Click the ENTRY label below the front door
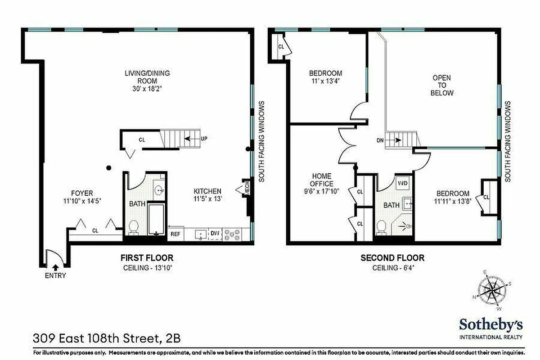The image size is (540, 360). coord(55,276)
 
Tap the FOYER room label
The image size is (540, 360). coord(81,193)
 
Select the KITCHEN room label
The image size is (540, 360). coord(207,191)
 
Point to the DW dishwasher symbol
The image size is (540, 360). coord(215,233)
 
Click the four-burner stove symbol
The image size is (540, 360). coord(233,234)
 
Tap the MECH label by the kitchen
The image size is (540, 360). coord(247,190)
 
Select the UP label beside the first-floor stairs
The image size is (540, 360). coord(204,139)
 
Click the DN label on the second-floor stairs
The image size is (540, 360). coord(380,140)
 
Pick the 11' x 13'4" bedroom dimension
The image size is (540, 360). coord(325,81)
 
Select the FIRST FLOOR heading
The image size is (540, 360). coord(147,258)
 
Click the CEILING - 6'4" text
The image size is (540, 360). coord(392,268)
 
